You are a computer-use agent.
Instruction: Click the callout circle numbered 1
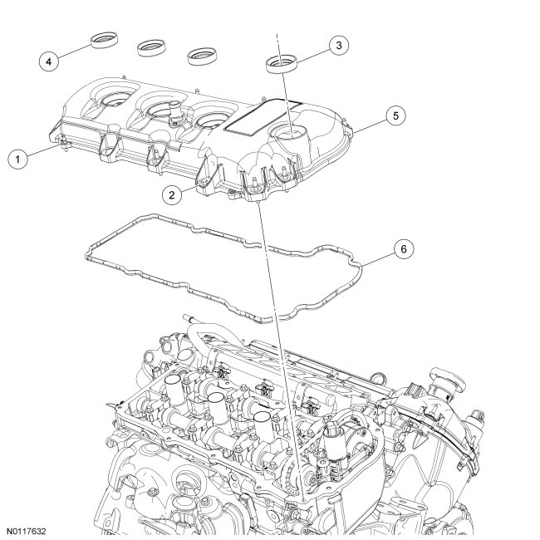(x=16, y=157)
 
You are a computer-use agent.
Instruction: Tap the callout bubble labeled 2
(x=170, y=194)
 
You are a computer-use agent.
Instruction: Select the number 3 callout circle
(x=337, y=46)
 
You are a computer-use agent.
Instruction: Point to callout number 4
(x=50, y=60)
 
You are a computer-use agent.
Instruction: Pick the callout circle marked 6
(x=402, y=248)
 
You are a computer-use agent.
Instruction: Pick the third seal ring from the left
(x=203, y=56)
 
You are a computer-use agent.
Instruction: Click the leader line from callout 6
(x=376, y=257)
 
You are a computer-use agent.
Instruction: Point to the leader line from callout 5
(x=371, y=125)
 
